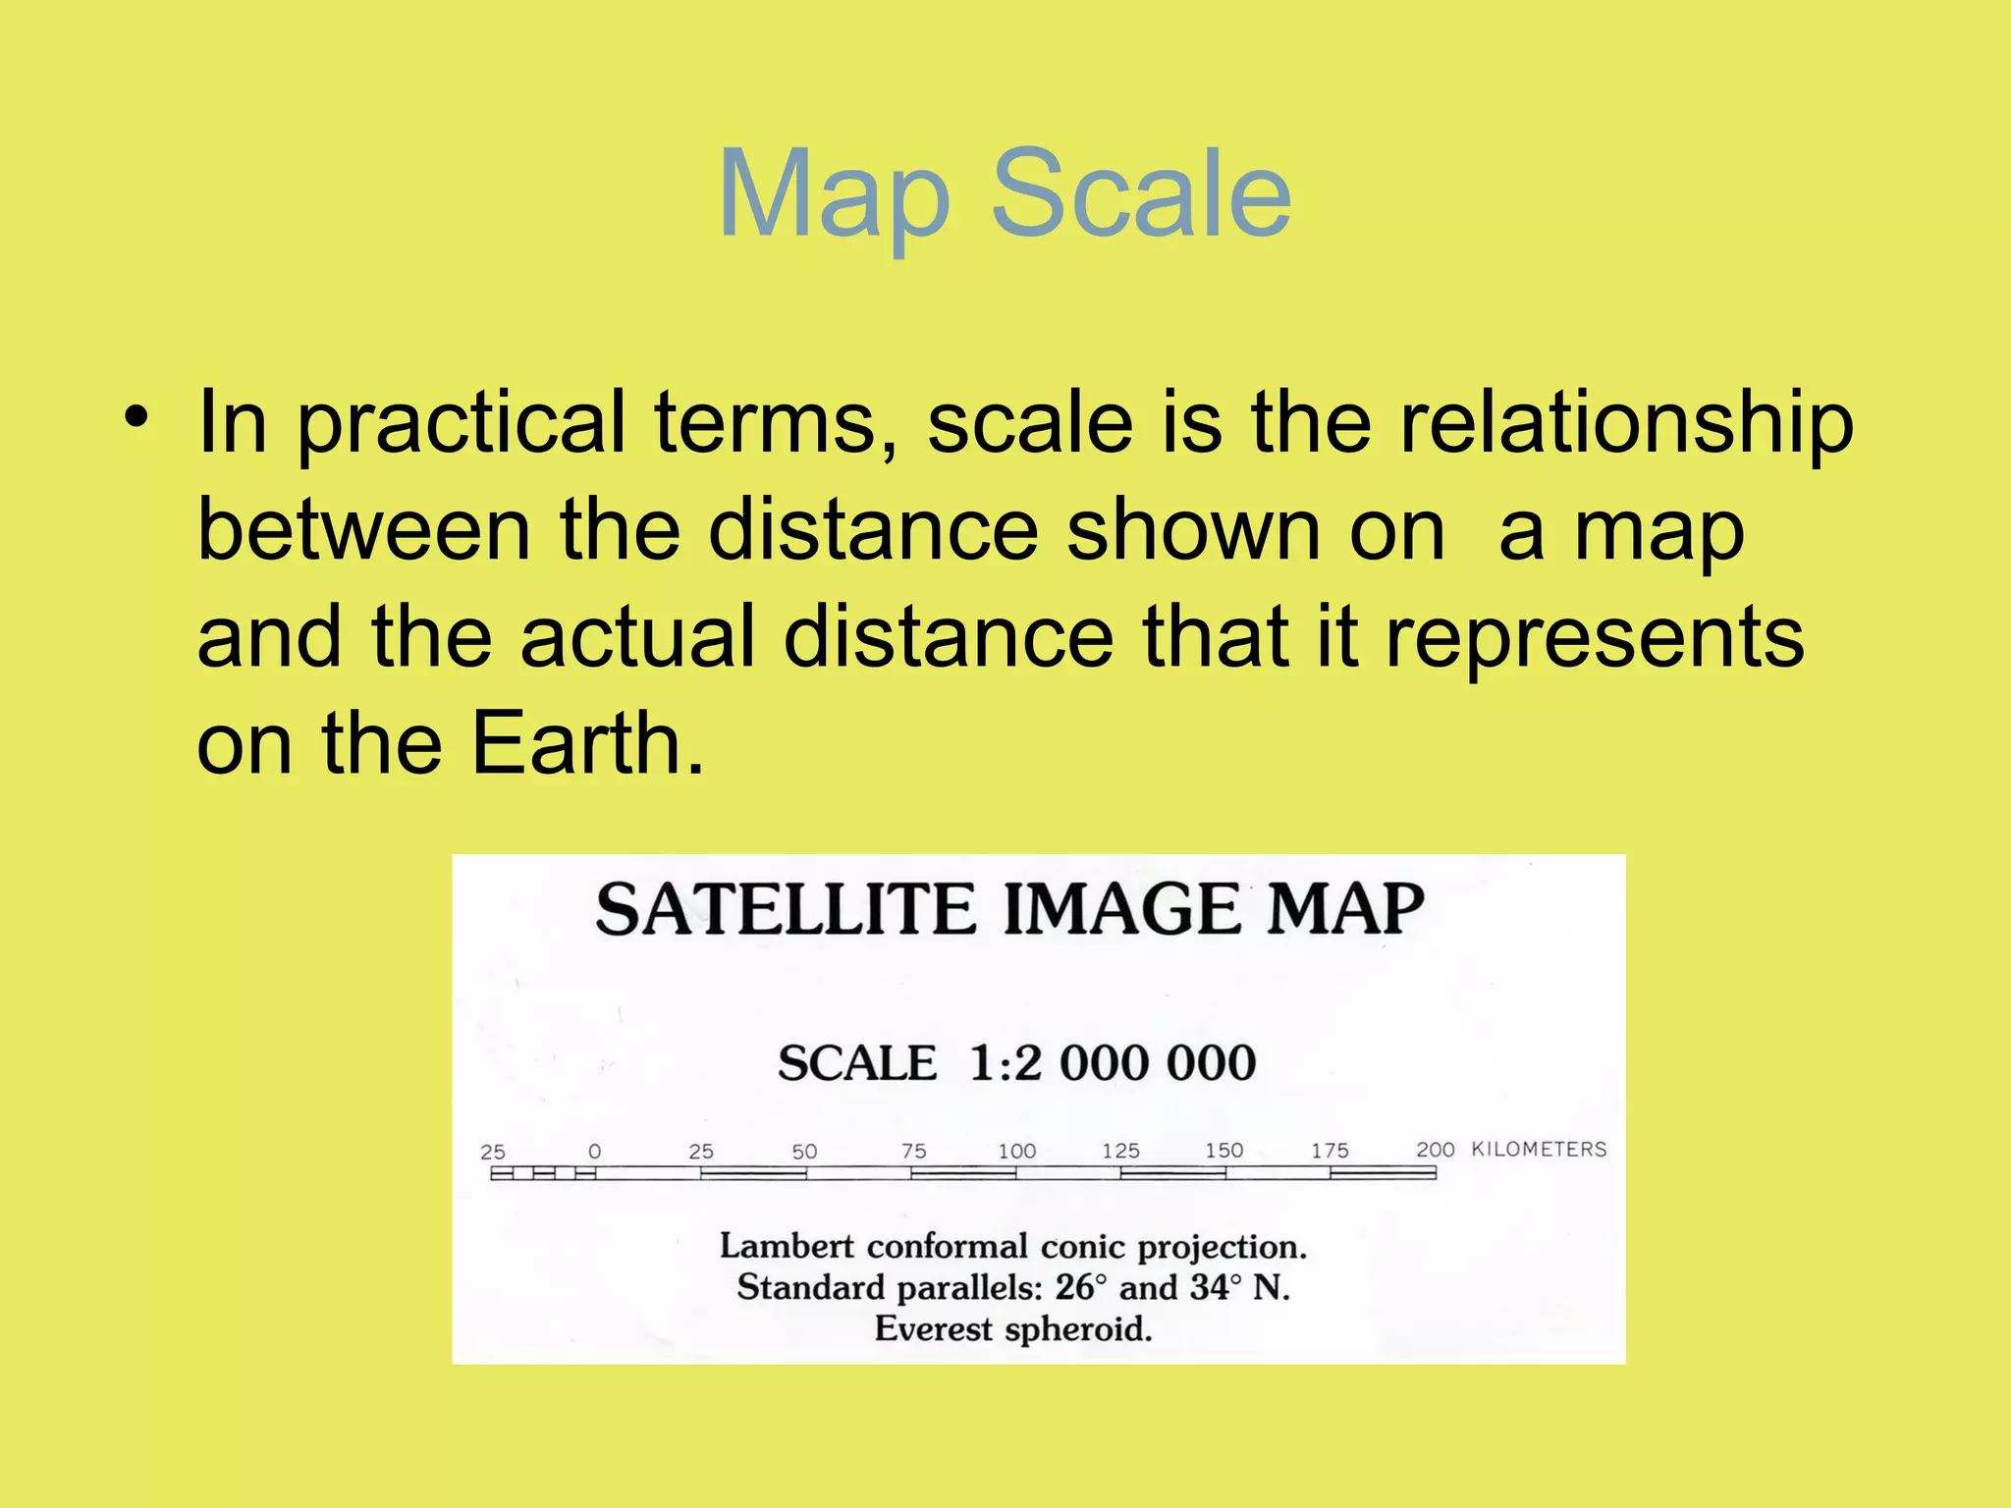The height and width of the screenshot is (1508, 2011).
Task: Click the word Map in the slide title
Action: [x=835, y=196]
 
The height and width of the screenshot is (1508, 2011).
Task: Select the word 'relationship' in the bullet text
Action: [x=1626, y=424]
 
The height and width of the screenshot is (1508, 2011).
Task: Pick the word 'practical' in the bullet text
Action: [x=461, y=424]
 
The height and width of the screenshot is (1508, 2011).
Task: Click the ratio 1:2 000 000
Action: [x=1113, y=1063]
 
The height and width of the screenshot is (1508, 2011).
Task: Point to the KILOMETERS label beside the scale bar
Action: [x=1539, y=1150]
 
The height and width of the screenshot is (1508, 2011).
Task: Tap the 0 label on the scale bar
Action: [x=594, y=1152]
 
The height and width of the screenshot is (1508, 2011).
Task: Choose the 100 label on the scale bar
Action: [x=1016, y=1151]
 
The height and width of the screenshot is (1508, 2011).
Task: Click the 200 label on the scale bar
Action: [x=1435, y=1150]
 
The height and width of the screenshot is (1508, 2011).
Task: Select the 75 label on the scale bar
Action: [x=913, y=1151]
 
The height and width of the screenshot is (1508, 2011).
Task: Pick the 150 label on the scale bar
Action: [x=1223, y=1151]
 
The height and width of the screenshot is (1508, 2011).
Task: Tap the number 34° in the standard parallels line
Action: [x=1216, y=1287]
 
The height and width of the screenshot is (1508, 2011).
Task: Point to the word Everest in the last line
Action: [x=934, y=1329]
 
